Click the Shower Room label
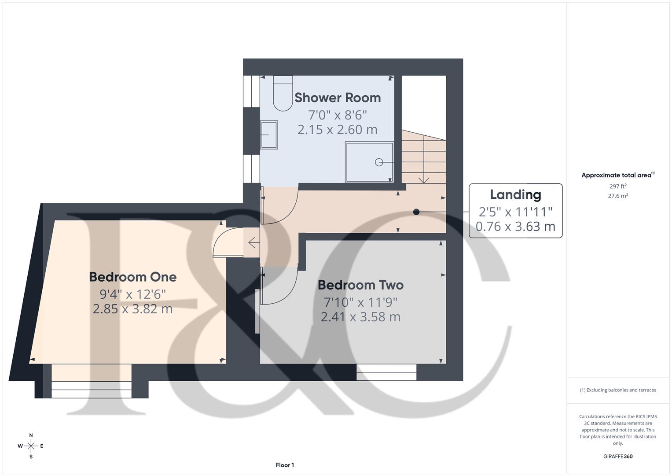[337, 97]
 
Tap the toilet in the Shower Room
[283, 93]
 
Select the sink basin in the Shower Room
[269, 135]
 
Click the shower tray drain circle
[378, 162]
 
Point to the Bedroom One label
[132, 277]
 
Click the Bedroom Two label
[360, 285]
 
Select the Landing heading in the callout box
[515, 194]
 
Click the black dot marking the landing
[416, 212]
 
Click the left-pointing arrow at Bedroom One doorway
[253, 242]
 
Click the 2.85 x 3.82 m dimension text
[132, 309]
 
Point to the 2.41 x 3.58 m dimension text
[360, 317]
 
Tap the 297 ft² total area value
[617, 186]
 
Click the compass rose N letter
[31, 435]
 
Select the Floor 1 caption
[285, 465]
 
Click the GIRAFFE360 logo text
[617, 457]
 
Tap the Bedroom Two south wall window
[386, 372]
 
